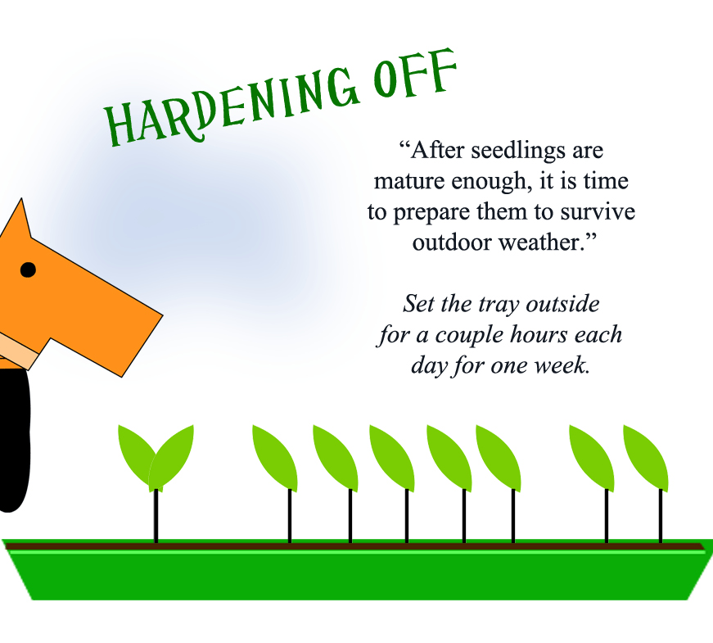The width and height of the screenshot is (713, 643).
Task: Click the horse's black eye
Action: (x=28, y=269)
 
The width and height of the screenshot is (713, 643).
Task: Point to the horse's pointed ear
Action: (x=18, y=217)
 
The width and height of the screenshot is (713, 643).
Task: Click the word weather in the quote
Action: (x=545, y=243)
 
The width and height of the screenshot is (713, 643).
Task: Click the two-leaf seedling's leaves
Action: (x=156, y=455)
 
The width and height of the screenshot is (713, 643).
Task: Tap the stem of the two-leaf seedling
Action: (x=156, y=516)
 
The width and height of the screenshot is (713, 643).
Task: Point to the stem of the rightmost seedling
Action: (x=661, y=516)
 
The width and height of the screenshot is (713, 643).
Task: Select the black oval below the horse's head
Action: (x=13, y=442)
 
